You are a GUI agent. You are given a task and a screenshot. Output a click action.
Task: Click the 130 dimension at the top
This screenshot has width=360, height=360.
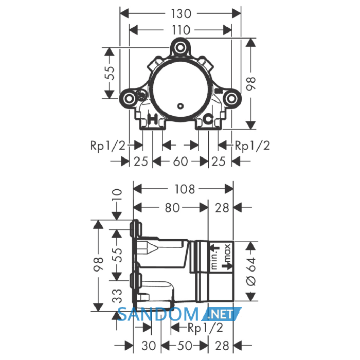pyautogui.click(x=181, y=14)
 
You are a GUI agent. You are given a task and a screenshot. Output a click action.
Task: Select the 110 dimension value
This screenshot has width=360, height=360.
pyautogui.click(x=181, y=30)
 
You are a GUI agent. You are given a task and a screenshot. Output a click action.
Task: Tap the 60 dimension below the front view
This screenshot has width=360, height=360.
pyautogui.click(x=181, y=161)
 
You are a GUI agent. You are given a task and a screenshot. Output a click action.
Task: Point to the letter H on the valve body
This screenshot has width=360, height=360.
pyautogui.click(x=152, y=119)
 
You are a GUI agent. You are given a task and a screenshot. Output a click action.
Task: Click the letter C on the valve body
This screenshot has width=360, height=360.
pyautogui.click(x=208, y=119)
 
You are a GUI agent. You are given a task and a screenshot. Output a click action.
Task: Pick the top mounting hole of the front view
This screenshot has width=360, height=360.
pyautogui.click(x=180, y=47)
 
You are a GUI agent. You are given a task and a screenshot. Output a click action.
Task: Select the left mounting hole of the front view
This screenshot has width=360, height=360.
pyautogui.click(x=129, y=99)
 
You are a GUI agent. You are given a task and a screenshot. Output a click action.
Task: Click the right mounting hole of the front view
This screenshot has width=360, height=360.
pyautogui.click(x=231, y=99)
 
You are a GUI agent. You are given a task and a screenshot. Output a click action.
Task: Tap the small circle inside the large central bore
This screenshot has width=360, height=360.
pyautogui.click(x=181, y=106)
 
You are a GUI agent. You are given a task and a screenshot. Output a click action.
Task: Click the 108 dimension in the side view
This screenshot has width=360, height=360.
pyautogui.click(x=185, y=189)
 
